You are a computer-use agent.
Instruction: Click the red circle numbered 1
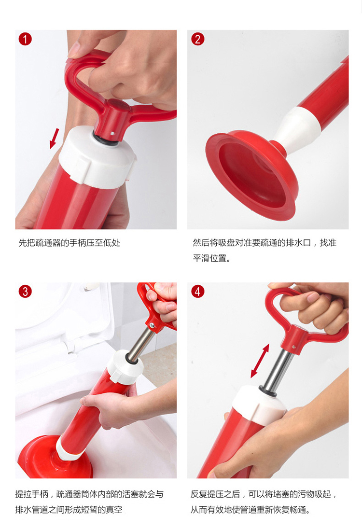click(x=25, y=39)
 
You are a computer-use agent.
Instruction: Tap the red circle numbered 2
click(x=198, y=39)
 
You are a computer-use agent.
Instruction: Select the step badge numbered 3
click(x=25, y=292)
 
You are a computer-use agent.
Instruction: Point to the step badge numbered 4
click(x=198, y=292)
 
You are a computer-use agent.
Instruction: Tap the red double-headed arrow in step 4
click(x=260, y=361)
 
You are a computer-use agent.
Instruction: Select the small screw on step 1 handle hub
click(x=113, y=134)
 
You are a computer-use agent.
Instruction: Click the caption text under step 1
click(x=69, y=243)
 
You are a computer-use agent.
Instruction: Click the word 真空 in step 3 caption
click(x=114, y=510)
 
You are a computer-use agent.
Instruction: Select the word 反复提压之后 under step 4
click(x=215, y=494)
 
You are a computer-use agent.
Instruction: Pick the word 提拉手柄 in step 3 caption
click(x=32, y=494)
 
